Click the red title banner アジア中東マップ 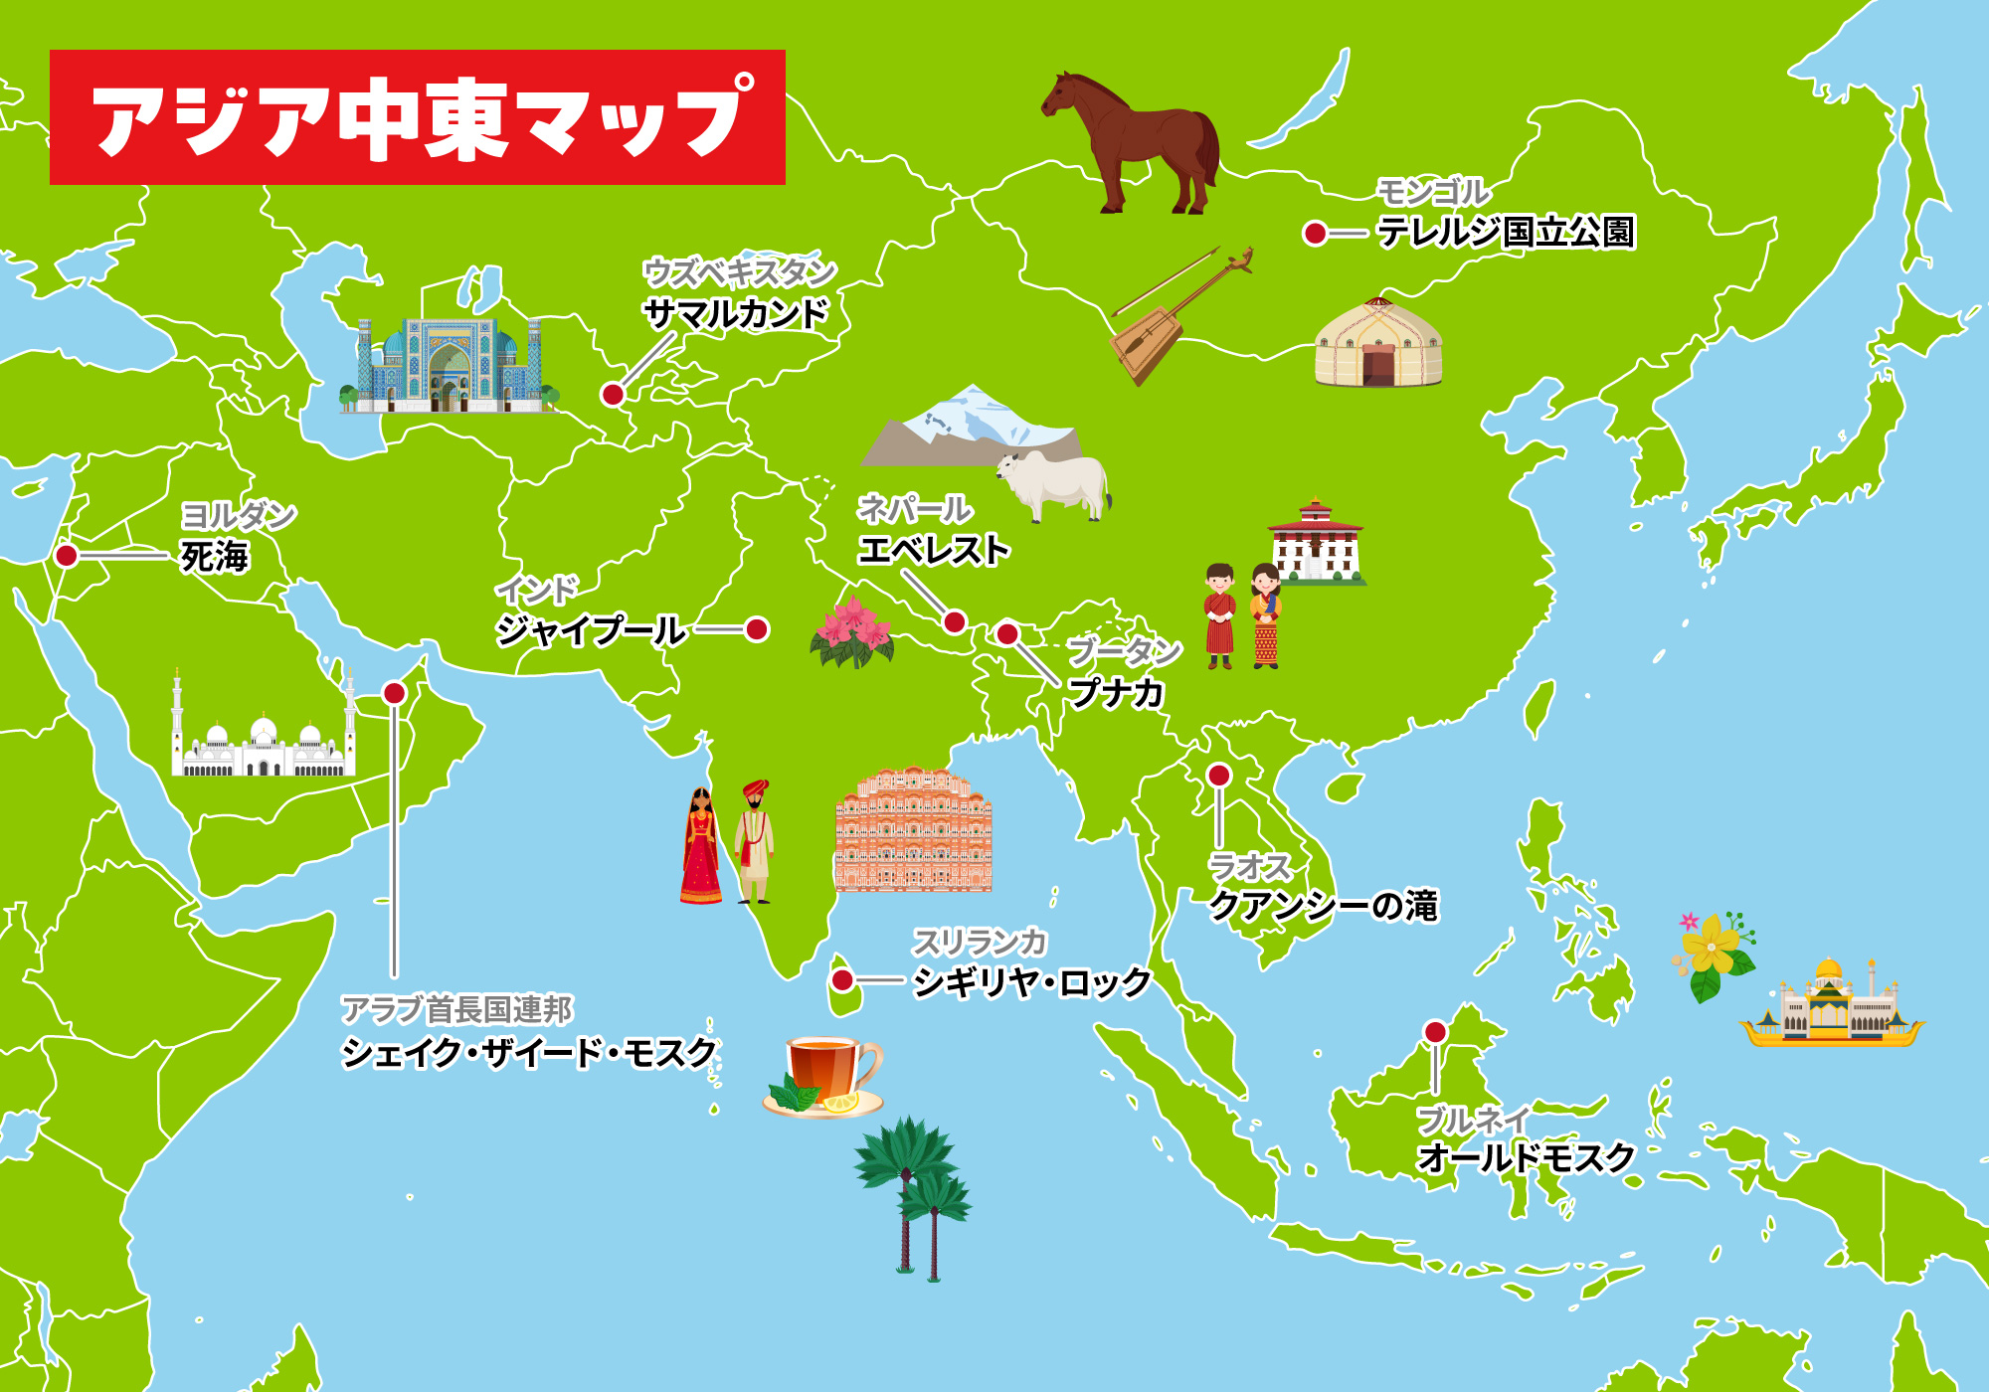(418, 117)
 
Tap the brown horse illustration (1134, 139)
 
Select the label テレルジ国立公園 (1506, 233)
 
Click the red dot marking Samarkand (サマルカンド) (613, 395)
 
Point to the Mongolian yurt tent (1378, 344)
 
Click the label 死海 (215, 557)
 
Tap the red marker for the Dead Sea (67, 555)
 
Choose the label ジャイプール (591, 630)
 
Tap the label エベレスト (934, 550)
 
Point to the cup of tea (823, 1074)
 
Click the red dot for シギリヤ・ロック (842, 980)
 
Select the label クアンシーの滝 (1323, 906)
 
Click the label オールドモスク (1526, 1158)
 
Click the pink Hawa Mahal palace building (913, 830)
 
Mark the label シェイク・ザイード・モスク (529, 1053)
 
